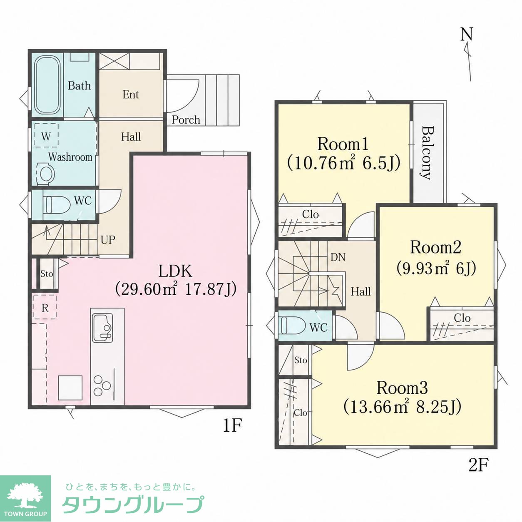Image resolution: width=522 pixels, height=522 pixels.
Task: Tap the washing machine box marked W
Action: pyautogui.click(x=46, y=135)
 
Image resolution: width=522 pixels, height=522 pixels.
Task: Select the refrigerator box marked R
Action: pyautogui.click(x=45, y=307)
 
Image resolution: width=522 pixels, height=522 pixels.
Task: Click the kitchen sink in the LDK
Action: pyautogui.click(x=103, y=328)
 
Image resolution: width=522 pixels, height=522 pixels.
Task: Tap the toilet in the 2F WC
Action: pyautogui.click(x=293, y=326)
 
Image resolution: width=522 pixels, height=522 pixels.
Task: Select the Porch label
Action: pyautogui.click(x=186, y=120)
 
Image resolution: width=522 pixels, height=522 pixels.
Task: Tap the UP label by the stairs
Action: pyautogui.click(x=108, y=240)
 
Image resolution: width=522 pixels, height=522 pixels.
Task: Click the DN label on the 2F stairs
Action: pyautogui.click(x=338, y=257)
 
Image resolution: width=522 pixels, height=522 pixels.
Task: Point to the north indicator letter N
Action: pyautogui.click(x=467, y=35)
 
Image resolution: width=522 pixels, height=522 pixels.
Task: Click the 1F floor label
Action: pyautogui.click(x=232, y=426)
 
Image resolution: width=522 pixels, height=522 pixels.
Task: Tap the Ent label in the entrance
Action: pyautogui.click(x=131, y=94)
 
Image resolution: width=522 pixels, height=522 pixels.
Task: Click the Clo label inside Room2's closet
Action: pyautogui.click(x=462, y=318)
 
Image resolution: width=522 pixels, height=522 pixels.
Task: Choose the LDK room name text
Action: pyautogui.click(x=175, y=271)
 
